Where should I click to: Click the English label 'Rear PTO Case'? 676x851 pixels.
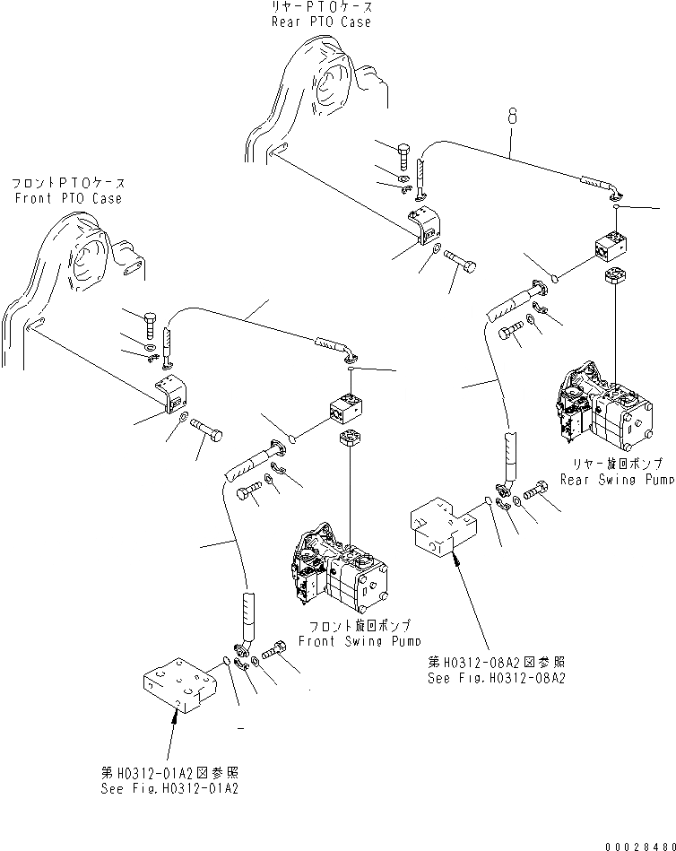(321, 22)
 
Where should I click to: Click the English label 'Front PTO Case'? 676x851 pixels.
(68, 198)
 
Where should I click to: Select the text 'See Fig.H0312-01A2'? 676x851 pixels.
(169, 788)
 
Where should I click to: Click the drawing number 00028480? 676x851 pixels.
(637, 843)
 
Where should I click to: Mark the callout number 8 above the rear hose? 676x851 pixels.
(512, 115)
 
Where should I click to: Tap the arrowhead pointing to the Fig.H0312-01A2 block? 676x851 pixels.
(174, 716)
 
